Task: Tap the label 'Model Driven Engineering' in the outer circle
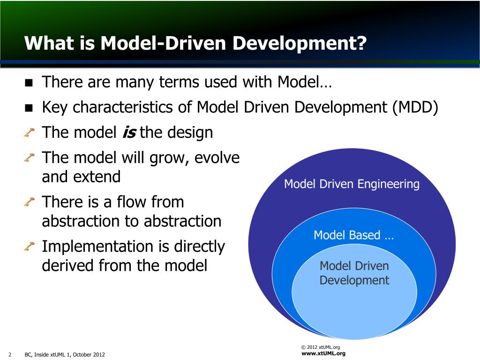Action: pos(352,184)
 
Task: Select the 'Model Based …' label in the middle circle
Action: pos(353,235)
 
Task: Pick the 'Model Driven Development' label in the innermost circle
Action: pos(354,273)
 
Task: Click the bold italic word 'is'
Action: pos(128,133)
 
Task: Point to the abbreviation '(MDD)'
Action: pos(415,108)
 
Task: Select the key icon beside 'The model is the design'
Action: pos(29,133)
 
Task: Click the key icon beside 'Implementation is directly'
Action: pos(29,246)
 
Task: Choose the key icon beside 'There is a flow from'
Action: pos(29,202)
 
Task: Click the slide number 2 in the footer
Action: pos(10,354)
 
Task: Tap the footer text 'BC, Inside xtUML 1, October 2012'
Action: pos(65,354)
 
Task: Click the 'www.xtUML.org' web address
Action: pos(323,353)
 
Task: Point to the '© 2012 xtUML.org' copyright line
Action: pos(320,347)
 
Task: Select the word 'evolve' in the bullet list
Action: pos(216,157)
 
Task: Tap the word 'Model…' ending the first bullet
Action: pos(304,83)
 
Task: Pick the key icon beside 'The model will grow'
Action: pos(29,158)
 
